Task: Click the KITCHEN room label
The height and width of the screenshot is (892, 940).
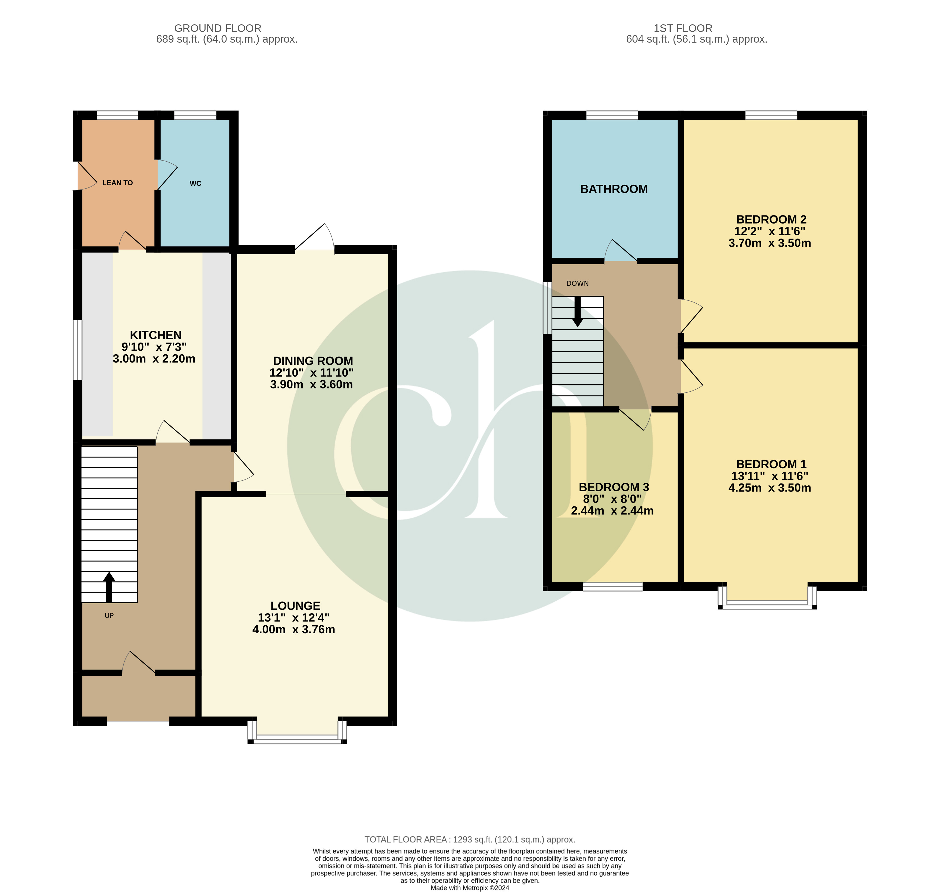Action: coord(155,335)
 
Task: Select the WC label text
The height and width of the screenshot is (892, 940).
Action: coord(195,184)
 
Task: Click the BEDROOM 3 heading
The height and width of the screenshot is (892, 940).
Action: coord(613,487)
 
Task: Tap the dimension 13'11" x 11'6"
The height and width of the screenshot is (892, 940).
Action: coord(769,476)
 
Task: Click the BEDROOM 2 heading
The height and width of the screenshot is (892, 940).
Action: coord(771,220)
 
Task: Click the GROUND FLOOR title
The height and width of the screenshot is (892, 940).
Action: coord(217,28)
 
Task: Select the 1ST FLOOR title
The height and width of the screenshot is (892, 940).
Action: coord(682,28)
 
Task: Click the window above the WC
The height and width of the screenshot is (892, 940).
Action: coord(195,115)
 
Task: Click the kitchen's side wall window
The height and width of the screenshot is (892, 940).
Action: coord(77,350)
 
